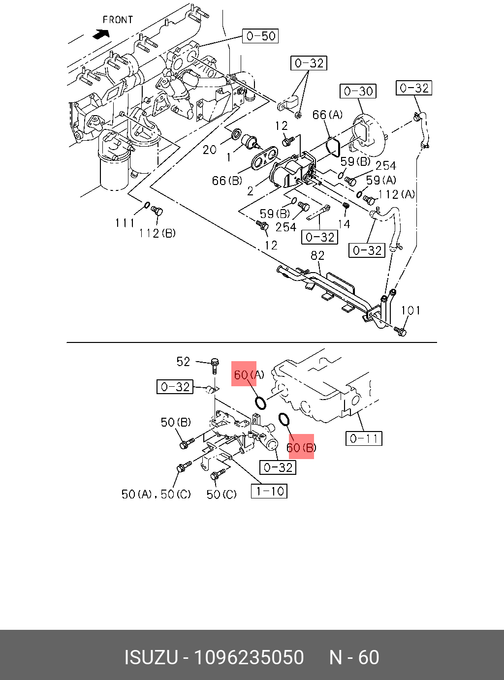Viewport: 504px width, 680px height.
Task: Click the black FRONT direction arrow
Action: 101,34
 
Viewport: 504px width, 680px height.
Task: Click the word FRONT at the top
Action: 118,20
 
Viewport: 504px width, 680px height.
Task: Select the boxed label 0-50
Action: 261,36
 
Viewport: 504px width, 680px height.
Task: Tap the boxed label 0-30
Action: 358,91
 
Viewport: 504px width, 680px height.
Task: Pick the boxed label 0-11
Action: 364,438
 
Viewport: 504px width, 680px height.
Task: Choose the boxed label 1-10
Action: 269,491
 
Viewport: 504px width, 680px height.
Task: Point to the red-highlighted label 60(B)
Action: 301,447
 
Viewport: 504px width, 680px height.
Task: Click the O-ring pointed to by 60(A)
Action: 261,403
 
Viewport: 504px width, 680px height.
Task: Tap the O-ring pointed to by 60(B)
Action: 284,419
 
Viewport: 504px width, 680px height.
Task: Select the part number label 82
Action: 317,255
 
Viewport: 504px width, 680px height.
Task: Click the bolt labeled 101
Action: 401,332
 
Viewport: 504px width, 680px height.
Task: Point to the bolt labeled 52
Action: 215,365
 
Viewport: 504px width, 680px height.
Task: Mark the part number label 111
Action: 125,223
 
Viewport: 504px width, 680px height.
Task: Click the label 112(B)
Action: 157,233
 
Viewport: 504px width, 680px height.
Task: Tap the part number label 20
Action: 210,150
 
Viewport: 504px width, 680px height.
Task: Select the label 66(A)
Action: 327,115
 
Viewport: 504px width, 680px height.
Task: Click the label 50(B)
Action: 176,422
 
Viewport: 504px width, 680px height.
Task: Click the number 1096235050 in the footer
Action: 249,657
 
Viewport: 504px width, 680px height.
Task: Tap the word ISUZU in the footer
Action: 151,657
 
